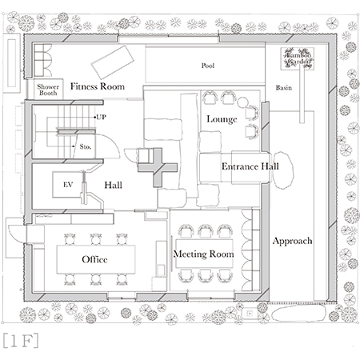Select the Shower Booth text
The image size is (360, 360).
point(44,90)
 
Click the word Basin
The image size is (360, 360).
point(283,87)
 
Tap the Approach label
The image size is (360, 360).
point(291,240)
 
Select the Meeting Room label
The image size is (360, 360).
point(204,254)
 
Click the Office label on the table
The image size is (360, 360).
point(94,260)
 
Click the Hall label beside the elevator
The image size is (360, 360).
point(113,185)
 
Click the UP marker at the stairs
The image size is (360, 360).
point(102,118)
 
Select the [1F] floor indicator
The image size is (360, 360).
point(22,338)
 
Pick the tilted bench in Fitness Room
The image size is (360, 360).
point(107,58)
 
